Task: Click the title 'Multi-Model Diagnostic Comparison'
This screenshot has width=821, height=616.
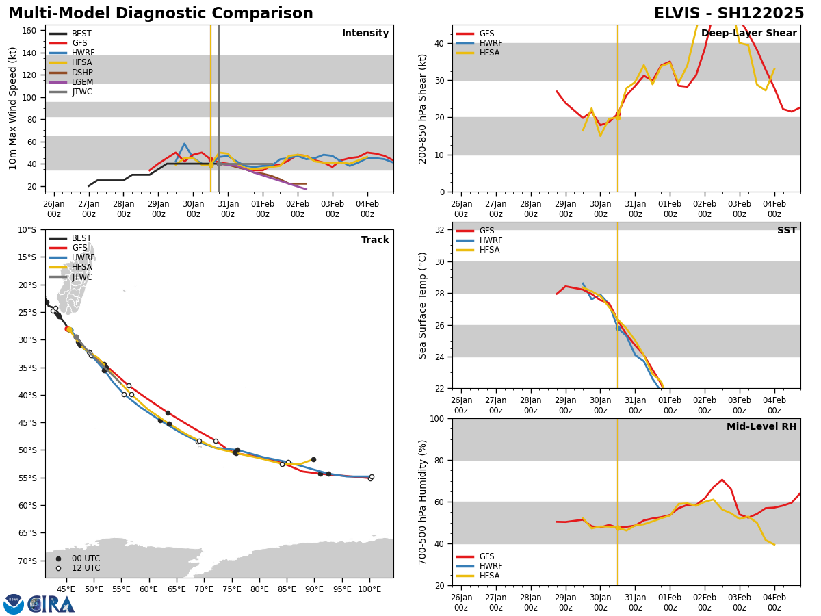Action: point(160,14)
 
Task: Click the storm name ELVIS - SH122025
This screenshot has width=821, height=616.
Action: point(729,14)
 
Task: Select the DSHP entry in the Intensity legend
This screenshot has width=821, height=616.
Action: point(82,73)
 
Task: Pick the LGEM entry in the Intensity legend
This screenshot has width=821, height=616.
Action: point(82,82)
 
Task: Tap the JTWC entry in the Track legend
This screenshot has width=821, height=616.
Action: point(81,277)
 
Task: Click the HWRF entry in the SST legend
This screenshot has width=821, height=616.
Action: point(491,240)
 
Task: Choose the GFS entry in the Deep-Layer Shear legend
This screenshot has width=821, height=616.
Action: point(486,34)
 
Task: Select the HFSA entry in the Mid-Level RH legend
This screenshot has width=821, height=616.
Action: point(490,576)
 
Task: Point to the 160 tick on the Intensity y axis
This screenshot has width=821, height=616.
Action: point(30,31)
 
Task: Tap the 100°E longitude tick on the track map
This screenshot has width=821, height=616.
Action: point(369,589)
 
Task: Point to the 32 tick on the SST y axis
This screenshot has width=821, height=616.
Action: point(441,229)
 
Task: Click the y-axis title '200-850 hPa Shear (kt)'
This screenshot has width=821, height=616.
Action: point(423,108)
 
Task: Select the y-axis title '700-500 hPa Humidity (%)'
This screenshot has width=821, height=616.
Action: point(423,502)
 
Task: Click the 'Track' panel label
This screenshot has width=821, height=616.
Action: point(375,240)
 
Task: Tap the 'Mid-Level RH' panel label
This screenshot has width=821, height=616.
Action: point(761,427)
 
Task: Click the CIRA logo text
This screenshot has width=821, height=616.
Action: point(51,604)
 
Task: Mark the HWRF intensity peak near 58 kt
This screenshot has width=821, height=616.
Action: point(184,144)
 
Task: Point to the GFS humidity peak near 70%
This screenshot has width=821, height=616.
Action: point(722,480)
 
